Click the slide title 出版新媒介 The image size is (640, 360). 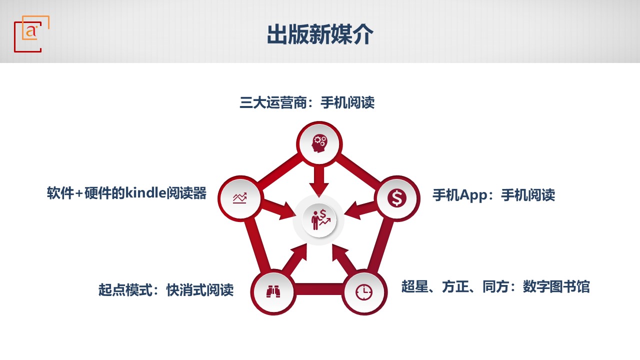320,34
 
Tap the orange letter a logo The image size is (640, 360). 31,31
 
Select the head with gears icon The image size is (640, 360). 319,143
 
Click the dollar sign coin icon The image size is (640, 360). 397,197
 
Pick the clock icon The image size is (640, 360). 364,292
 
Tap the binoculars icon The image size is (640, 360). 273,291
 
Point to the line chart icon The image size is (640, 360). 239,198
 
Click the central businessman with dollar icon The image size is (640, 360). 320,219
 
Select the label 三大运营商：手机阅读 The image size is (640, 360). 307,102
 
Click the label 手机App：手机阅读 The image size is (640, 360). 493,195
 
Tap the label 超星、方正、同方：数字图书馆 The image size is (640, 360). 495,286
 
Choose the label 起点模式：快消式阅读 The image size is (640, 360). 166,290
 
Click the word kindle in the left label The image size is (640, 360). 145,193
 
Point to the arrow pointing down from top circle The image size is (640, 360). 319,181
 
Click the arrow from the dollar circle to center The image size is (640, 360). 360,210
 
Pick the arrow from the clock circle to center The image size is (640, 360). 344,257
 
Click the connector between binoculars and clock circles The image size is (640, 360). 319,289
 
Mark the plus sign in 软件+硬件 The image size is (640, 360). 79,193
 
